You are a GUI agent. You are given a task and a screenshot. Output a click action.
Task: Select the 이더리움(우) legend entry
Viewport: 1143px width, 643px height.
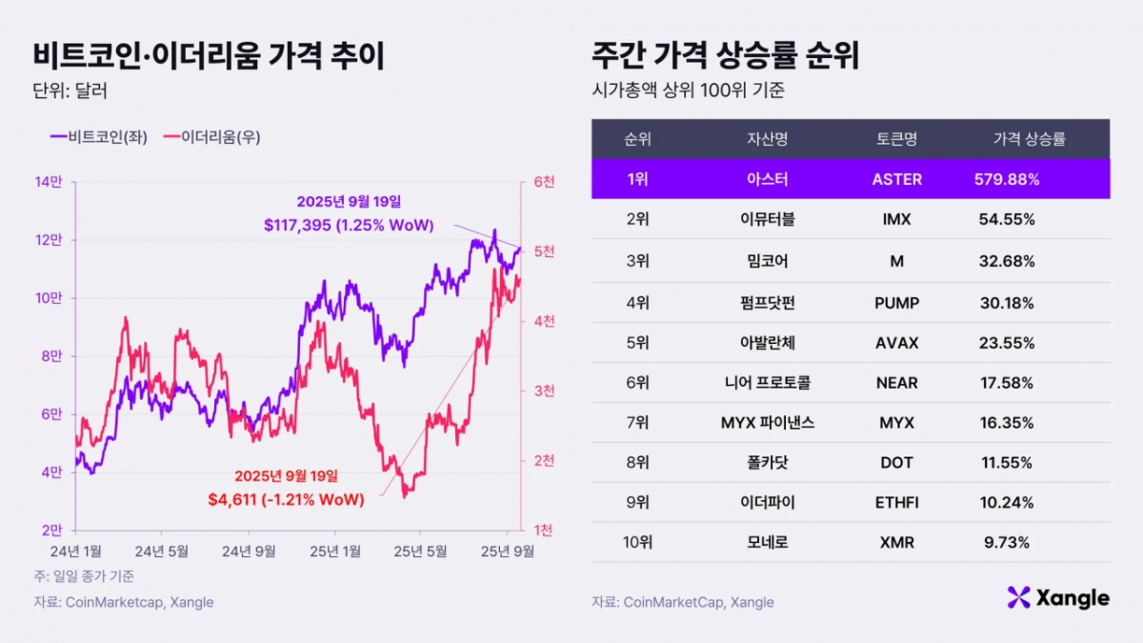click(211, 137)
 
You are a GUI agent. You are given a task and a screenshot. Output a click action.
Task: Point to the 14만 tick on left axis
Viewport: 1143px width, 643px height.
click(49, 182)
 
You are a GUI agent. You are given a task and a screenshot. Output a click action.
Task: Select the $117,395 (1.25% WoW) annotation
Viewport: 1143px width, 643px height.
click(349, 226)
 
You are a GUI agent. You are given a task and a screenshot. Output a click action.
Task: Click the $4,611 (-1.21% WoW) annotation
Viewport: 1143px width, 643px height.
click(286, 498)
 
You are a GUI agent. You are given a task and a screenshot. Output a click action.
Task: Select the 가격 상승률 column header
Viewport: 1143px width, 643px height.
click(1029, 139)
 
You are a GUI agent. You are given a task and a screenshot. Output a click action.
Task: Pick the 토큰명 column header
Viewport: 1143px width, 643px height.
click(895, 139)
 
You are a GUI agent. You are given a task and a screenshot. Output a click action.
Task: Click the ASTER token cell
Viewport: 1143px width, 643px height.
click(896, 179)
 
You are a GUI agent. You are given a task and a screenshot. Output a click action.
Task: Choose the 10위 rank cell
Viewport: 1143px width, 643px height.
click(637, 542)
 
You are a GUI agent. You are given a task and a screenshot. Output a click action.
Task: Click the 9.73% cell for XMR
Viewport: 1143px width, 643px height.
click(1007, 542)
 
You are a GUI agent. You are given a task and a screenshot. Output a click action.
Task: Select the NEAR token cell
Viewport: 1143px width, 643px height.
click(896, 382)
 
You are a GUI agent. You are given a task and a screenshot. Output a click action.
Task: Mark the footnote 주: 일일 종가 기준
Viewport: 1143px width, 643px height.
click(84, 576)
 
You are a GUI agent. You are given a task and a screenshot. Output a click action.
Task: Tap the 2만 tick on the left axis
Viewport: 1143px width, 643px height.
click(51, 530)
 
